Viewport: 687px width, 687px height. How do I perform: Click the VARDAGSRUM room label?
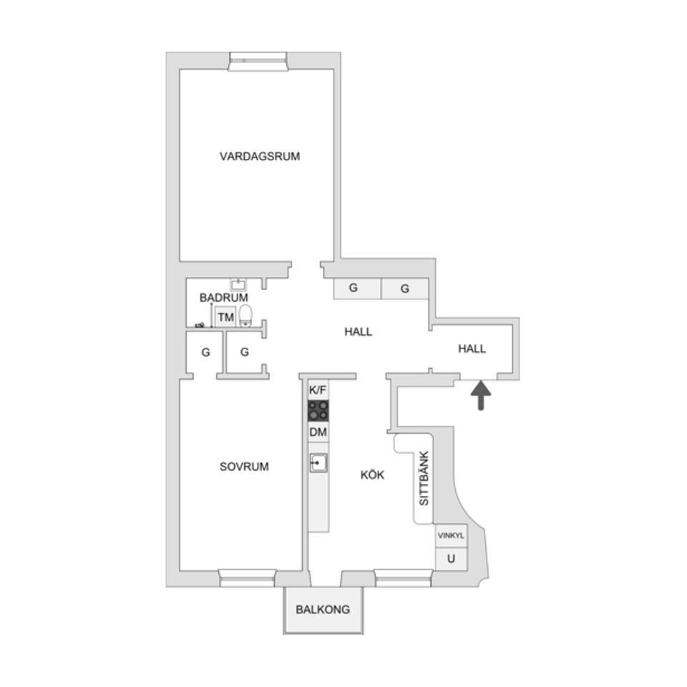point(260,156)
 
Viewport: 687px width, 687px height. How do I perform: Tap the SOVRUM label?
point(244,467)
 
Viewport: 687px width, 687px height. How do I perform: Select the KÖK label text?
point(372,474)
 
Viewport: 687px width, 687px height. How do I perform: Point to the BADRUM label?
point(224,297)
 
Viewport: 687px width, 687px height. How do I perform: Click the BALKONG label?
point(323,610)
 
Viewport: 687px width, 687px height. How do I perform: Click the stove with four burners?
point(319,410)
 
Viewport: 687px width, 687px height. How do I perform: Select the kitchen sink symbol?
point(318,464)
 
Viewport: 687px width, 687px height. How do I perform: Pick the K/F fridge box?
point(318,390)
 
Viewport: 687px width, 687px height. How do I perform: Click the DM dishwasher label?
point(318,432)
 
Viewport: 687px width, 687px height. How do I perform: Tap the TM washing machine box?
point(225,316)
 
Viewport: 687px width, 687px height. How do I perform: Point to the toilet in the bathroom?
point(245,315)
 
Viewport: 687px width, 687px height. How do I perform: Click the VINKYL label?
point(451,535)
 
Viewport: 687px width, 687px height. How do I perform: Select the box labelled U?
point(451,558)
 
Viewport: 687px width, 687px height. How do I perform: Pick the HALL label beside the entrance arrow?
point(472,349)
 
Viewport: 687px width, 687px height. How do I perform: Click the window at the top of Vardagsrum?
point(258,62)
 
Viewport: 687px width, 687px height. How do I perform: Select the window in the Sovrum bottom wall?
point(247,578)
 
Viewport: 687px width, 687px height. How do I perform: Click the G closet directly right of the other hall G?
point(405,288)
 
